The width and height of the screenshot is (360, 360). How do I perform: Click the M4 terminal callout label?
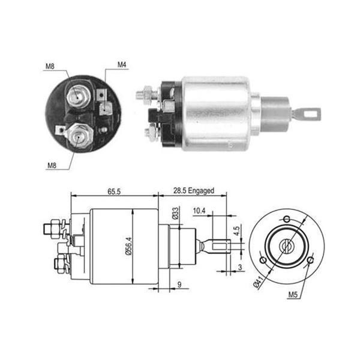point(122,65)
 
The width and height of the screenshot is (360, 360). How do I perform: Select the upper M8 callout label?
point(50,67)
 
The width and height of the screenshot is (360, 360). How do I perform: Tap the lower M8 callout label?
point(52,166)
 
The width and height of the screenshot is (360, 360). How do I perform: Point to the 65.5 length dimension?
point(114,191)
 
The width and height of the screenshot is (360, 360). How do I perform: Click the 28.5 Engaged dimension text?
point(194,191)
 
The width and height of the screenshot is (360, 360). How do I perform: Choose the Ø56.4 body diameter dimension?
point(129,246)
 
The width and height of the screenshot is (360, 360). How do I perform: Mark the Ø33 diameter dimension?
point(175,213)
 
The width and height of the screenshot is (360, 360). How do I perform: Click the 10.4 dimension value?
point(199,211)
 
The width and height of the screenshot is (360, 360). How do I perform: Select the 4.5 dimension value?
point(236,231)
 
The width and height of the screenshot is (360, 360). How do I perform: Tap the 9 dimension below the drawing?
point(179,284)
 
